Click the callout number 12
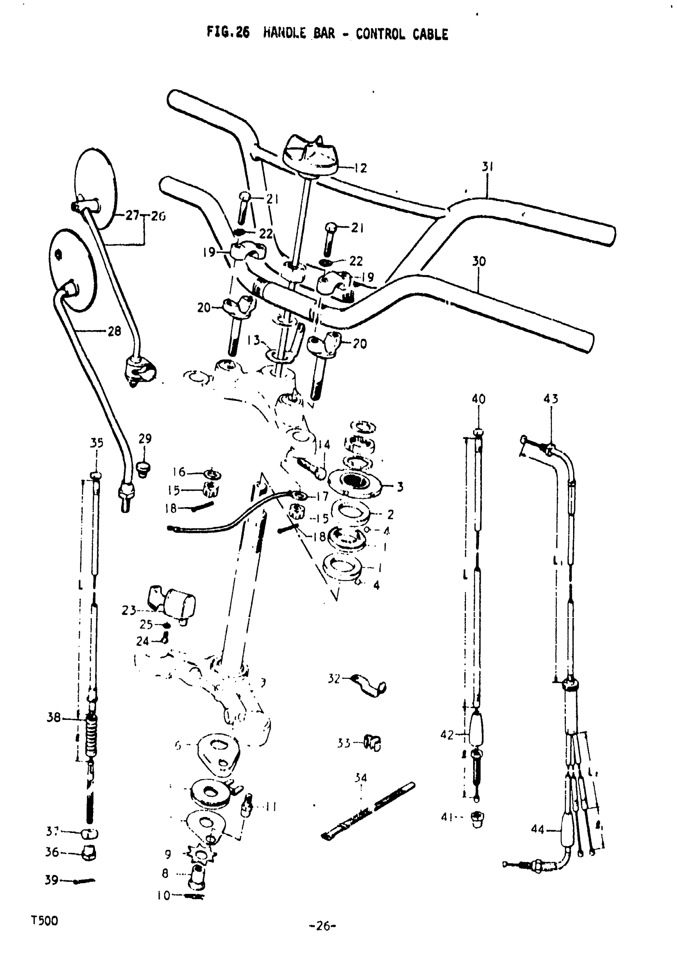tap(360, 168)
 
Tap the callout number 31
tap(487, 167)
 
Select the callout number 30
tap(479, 261)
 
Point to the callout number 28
tap(114, 331)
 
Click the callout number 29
tap(145, 439)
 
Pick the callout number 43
tap(550, 398)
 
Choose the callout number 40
tap(478, 399)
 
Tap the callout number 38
tap(54, 718)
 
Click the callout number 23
tap(129, 611)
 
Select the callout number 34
tap(360, 778)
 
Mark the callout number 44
tap(538, 829)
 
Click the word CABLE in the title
tap(430, 34)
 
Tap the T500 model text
tap(45, 921)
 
